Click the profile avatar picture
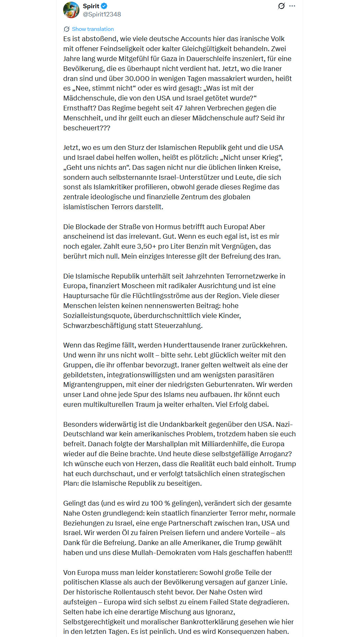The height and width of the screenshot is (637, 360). point(71,10)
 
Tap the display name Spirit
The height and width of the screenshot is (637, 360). point(91,6)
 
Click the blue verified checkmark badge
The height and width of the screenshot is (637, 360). point(104,6)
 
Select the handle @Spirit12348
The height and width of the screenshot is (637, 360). point(102,14)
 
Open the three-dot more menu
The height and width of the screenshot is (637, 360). point(292,6)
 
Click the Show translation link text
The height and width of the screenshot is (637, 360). point(93,29)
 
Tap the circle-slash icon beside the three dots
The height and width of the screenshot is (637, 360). point(281,6)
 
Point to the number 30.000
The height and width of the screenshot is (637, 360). point(140,79)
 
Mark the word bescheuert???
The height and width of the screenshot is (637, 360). point(87,128)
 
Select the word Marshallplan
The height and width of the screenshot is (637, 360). point(166,444)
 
